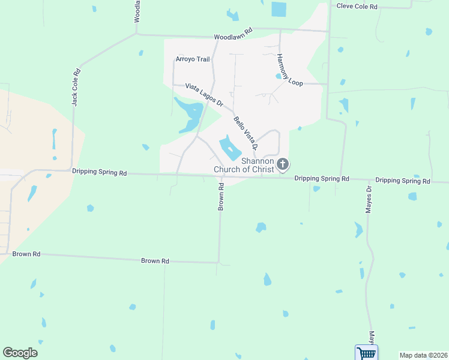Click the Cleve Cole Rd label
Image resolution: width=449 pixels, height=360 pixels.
coord(357,6)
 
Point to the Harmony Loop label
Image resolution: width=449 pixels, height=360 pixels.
coord(290,70)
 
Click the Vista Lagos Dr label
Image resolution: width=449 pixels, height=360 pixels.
coord(203,95)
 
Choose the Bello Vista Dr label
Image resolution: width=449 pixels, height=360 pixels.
coord(246,133)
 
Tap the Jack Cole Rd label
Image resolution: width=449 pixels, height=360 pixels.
coord(76,87)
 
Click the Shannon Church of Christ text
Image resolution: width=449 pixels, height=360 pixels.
coord(244,165)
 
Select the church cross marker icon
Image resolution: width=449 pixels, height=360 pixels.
coord(283,163)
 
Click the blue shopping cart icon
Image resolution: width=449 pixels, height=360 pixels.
coord(366,352)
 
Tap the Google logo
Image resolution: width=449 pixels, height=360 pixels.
coord(20,353)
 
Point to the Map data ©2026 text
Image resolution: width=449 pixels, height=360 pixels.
coord(423,355)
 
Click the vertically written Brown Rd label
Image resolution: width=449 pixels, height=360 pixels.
coord(221,197)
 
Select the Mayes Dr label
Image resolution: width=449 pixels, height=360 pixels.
coord(369,199)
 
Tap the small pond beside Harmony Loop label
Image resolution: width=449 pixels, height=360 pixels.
coord(279,76)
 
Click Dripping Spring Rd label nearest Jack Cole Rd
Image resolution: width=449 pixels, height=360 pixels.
coord(99,172)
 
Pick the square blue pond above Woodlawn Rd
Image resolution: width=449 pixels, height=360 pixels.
coord(279,9)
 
